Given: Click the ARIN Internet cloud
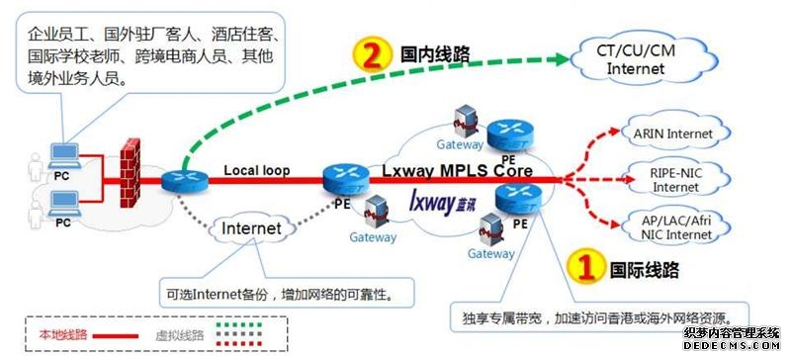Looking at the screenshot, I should (x=675, y=134).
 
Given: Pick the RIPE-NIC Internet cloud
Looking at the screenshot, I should (x=675, y=179).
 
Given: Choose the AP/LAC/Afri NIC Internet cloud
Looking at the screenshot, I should (x=675, y=225).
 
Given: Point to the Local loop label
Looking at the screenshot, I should (x=256, y=170).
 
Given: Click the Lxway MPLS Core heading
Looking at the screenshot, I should (x=457, y=171).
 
